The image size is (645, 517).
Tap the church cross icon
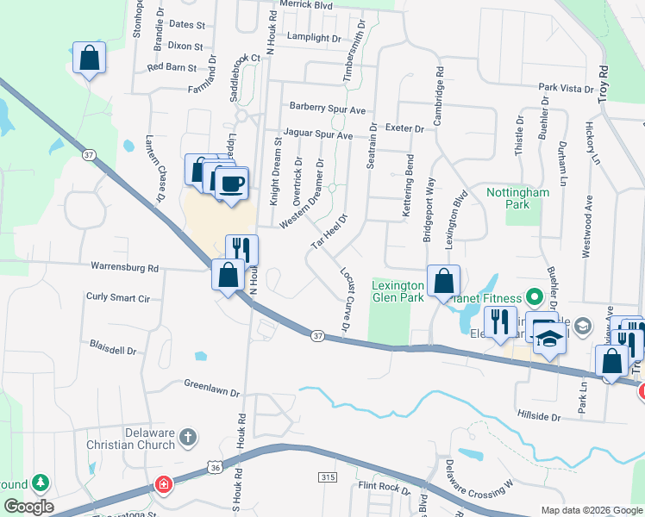click(x=190, y=439)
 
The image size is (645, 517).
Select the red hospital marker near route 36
click(x=162, y=485)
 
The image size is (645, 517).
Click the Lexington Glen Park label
click(x=398, y=291)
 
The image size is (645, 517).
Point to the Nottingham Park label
click(x=517, y=199)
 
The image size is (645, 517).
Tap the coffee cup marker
click(x=231, y=184)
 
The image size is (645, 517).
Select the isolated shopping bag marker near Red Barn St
click(x=89, y=59)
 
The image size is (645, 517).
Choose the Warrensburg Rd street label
click(x=125, y=268)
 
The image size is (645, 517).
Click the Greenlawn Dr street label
click(x=211, y=388)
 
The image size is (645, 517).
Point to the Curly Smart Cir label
click(x=118, y=297)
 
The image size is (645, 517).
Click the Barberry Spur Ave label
click(x=328, y=109)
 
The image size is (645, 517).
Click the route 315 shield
click(x=327, y=477)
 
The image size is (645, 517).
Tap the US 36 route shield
click(x=216, y=466)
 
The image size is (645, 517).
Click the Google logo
click(x=28, y=507)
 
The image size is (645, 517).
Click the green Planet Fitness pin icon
click(x=533, y=298)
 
